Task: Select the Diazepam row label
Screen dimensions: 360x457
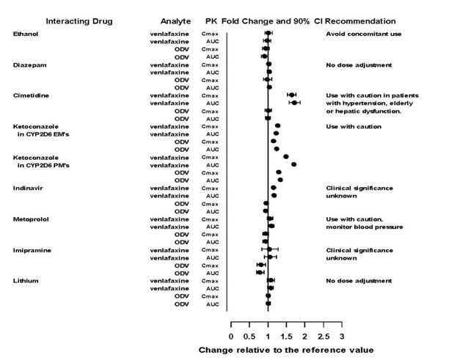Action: pyautogui.click(x=28, y=65)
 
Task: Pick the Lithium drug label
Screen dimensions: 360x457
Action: pyautogui.click(x=26, y=281)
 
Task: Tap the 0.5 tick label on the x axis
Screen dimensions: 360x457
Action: pyautogui.click(x=250, y=335)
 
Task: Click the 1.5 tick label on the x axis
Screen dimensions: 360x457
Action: pyautogui.click(x=287, y=335)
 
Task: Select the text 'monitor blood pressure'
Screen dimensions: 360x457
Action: pyautogui.click(x=365, y=227)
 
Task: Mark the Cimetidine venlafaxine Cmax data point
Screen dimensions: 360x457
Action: pyautogui.click(x=291, y=95)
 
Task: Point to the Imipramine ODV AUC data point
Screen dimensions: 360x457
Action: pyautogui.click(x=259, y=272)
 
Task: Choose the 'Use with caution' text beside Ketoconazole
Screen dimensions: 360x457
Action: pyautogui.click(x=354, y=126)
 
